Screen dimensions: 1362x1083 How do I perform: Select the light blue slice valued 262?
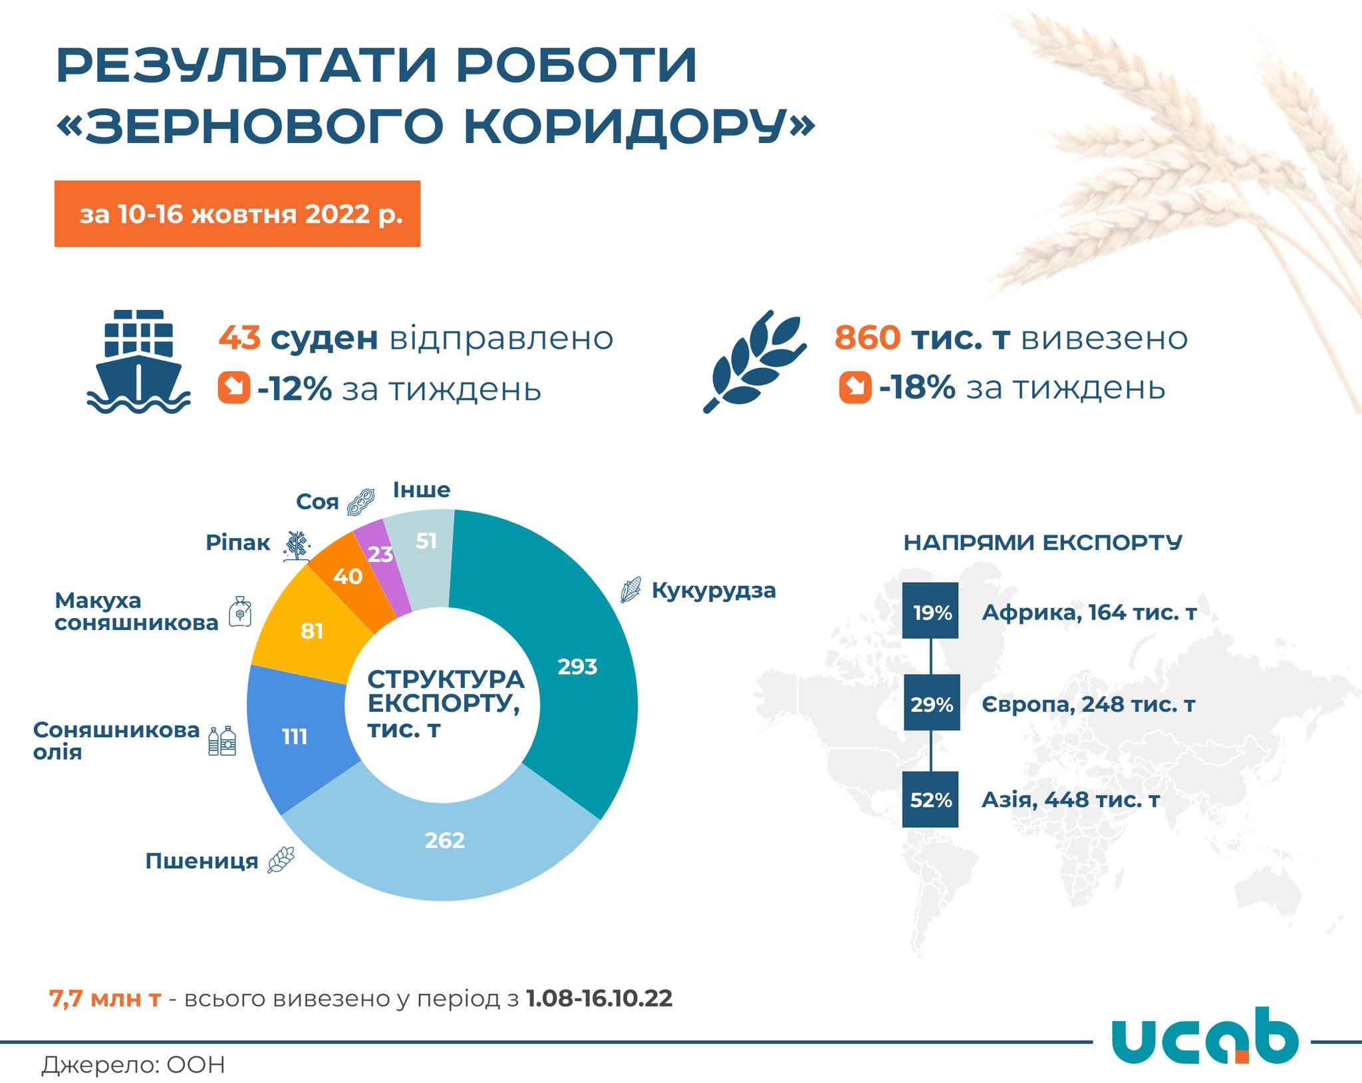click(x=444, y=840)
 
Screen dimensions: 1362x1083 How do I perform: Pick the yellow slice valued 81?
click(x=312, y=630)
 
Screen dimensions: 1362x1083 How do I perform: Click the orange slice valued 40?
click(x=348, y=576)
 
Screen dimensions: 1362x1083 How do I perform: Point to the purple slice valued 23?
click(x=380, y=554)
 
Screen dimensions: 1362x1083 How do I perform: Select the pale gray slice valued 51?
click(x=426, y=541)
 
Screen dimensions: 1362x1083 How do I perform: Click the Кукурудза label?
click(x=714, y=590)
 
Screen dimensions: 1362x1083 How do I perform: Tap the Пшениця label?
click(x=202, y=861)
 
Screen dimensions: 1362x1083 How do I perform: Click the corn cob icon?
click(x=631, y=590)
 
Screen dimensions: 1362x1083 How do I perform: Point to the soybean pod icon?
click(x=361, y=502)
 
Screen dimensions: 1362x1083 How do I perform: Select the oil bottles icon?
click(x=223, y=740)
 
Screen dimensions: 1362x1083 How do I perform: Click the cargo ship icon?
click(x=138, y=361)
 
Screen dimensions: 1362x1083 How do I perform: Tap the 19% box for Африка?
click(x=930, y=611)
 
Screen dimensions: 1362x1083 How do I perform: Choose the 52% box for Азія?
click(x=930, y=799)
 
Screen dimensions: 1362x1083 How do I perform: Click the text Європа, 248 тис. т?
click(x=1089, y=704)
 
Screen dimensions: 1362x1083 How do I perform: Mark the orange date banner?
click(x=237, y=214)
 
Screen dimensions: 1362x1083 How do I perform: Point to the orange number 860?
click(x=868, y=338)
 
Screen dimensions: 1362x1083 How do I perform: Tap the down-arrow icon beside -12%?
click(x=234, y=388)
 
